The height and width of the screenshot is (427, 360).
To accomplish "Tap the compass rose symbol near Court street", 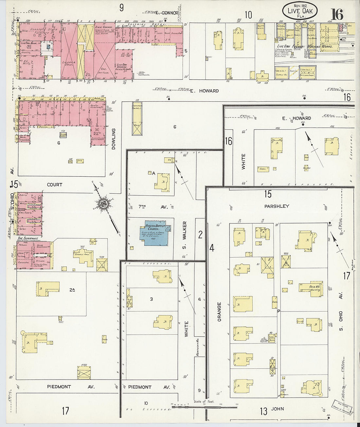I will click(104, 204).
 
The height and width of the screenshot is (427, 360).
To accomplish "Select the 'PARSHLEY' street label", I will click(277, 206).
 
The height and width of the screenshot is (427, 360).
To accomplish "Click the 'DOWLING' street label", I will click(114, 139).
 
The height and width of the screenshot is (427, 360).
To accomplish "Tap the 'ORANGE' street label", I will click(219, 311).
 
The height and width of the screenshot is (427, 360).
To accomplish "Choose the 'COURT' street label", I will click(54, 185).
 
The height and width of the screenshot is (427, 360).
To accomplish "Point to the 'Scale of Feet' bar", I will click(204, 407).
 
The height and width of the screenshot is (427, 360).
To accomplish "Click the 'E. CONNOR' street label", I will click(167, 13).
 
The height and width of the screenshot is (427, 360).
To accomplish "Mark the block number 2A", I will click(73, 289).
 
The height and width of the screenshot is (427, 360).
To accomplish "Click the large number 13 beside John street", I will click(263, 411).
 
